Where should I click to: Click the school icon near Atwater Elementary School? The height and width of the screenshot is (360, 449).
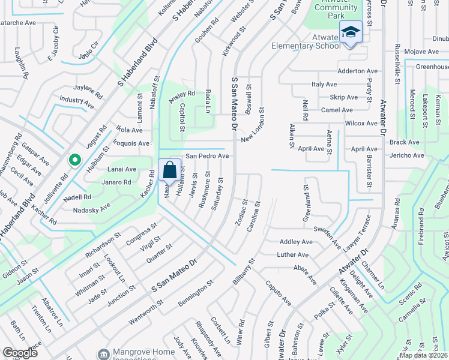350,32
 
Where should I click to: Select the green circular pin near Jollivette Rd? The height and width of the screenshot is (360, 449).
74,161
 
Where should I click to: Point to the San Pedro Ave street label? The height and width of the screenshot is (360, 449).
206,156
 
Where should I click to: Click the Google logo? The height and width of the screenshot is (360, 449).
20,353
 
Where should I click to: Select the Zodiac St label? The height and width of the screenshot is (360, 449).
241,214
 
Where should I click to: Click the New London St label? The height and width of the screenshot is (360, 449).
253,126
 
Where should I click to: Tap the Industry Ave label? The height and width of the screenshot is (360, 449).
77,103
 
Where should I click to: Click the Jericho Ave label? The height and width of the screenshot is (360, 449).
406,156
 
